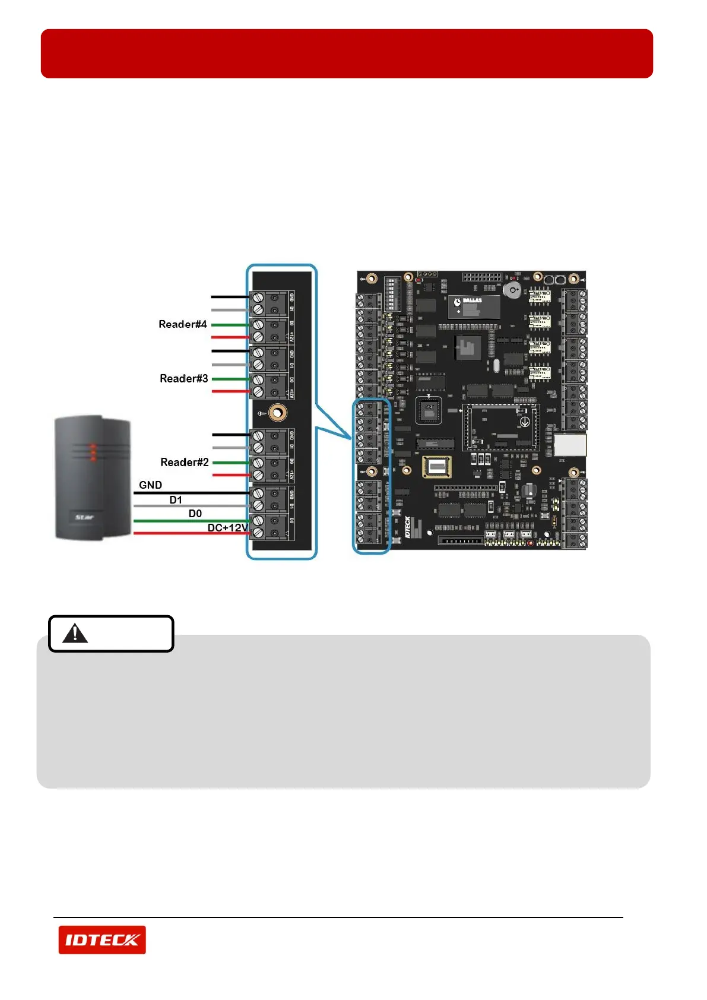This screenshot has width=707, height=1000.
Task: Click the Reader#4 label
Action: click(x=182, y=324)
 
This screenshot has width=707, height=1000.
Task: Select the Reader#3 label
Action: click(x=183, y=379)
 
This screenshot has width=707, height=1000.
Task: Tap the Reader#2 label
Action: click(x=184, y=463)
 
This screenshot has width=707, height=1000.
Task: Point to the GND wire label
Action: click(x=150, y=485)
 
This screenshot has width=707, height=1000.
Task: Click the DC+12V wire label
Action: click(x=227, y=528)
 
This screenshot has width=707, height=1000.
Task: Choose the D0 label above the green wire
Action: click(x=195, y=514)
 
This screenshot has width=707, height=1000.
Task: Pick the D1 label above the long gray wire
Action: click(x=176, y=500)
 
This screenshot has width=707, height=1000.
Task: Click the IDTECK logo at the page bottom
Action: click(x=102, y=939)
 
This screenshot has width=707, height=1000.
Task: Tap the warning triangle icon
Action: click(x=75, y=634)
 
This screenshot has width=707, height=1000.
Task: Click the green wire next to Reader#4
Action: click(x=230, y=325)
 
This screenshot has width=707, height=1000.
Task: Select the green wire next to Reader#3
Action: click(x=230, y=379)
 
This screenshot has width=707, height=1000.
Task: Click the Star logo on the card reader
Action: click(x=84, y=517)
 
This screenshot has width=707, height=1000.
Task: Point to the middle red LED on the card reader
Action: click(x=92, y=452)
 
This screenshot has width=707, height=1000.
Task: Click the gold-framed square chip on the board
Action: click(x=437, y=467)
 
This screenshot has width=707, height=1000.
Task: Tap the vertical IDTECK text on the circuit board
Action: click(x=408, y=527)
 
